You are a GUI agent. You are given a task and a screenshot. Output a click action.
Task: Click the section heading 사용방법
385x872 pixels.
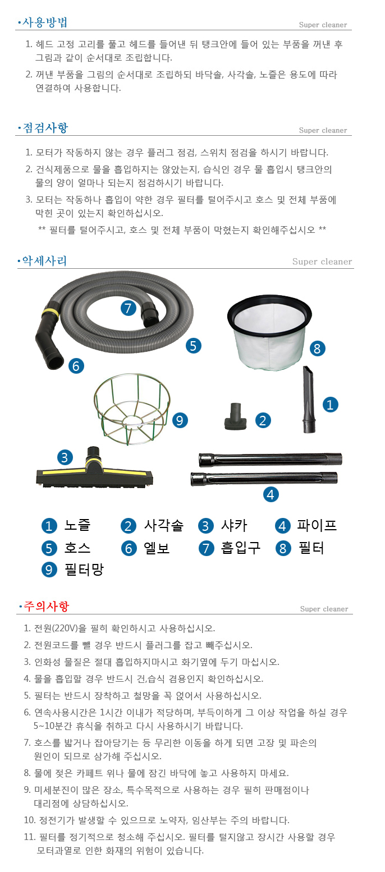click(45, 22)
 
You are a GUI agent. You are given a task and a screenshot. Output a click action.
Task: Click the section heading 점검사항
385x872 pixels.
click(45, 128)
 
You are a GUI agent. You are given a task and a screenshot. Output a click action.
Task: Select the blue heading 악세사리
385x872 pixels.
click(44, 260)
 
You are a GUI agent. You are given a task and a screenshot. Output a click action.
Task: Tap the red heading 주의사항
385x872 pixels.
click(47, 605)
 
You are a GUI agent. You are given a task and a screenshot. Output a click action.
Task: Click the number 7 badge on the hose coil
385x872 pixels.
click(128, 308)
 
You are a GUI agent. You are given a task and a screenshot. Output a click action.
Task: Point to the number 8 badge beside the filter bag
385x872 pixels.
click(317, 348)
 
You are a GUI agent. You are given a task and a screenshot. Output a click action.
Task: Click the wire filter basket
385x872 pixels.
click(132, 409)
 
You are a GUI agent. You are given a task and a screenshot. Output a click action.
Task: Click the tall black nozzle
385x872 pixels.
click(309, 399)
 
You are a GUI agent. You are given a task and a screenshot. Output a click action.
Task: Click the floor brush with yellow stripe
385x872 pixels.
click(95, 469)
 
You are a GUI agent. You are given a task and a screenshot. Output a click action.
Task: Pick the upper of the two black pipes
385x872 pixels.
click(270, 460)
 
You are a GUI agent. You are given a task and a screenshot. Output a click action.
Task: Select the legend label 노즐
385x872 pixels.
click(77, 525)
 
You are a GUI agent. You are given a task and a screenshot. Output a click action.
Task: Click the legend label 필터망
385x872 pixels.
click(84, 570)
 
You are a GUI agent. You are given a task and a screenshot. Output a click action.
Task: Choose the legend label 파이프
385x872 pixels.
click(317, 525)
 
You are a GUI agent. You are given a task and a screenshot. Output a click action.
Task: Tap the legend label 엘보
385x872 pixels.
click(157, 548)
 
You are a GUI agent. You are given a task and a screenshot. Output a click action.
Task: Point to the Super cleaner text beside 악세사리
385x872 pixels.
click(322, 261)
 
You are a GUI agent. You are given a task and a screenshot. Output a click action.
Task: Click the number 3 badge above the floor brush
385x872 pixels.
click(65, 457)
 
